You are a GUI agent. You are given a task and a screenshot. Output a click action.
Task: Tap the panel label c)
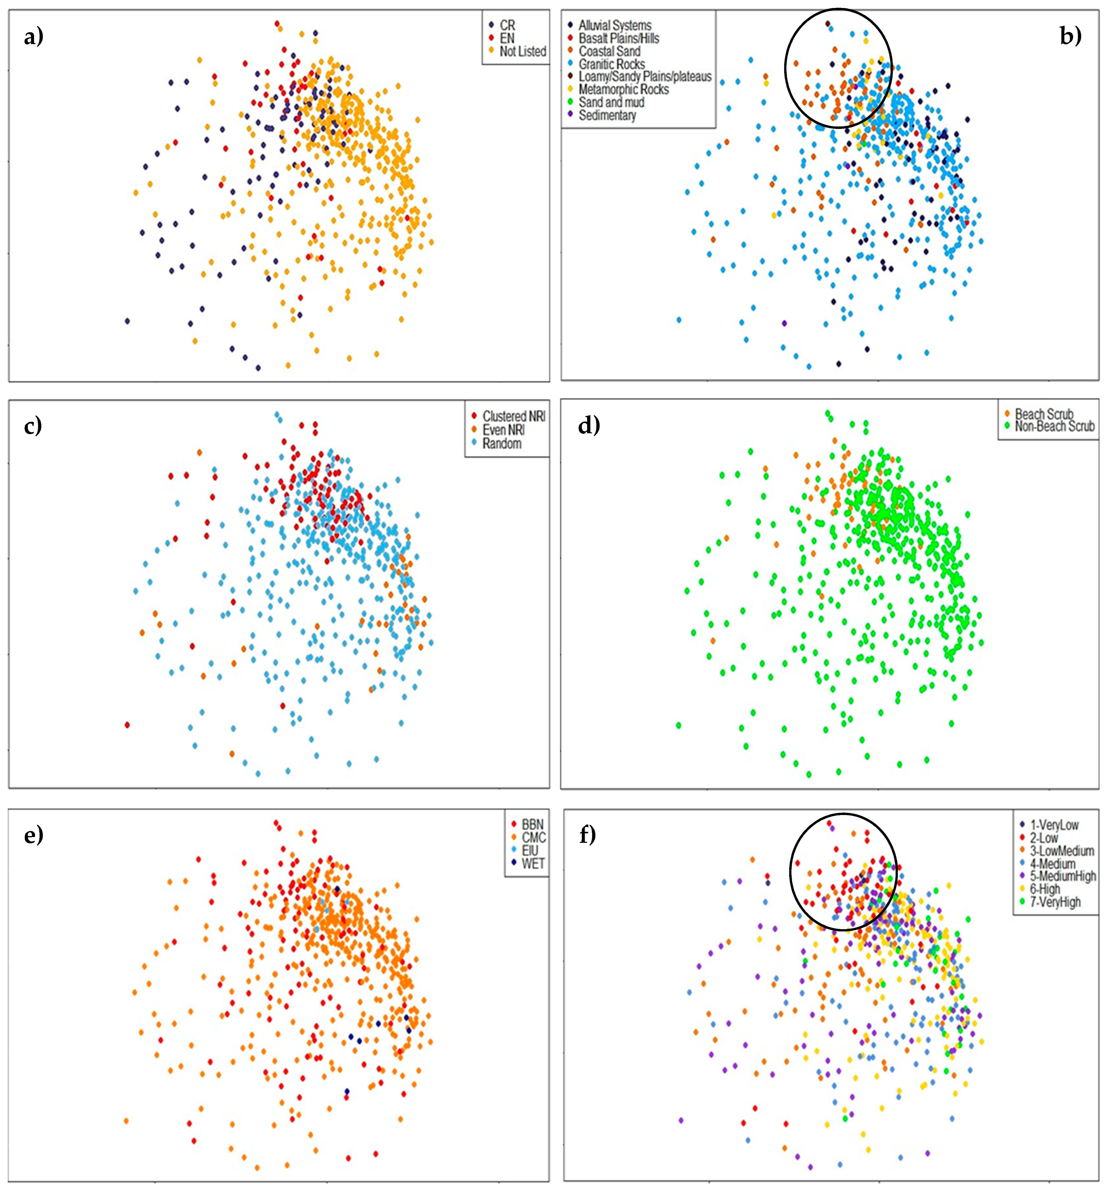point(33,426)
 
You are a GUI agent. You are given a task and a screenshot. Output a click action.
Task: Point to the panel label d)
point(589,426)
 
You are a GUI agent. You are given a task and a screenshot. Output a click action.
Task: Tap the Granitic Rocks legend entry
point(611,64)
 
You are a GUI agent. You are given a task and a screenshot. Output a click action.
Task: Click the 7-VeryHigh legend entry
point(1055,902)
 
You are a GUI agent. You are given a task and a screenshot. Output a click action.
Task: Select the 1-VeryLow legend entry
point(1054,825)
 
